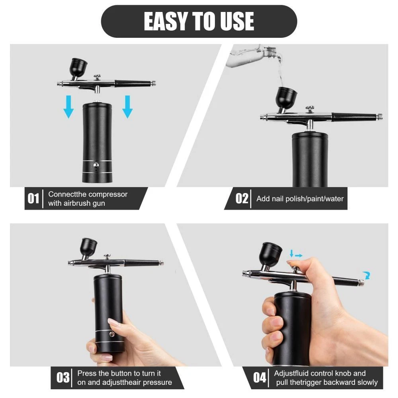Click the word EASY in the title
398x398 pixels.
166,21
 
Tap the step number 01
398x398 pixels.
33,199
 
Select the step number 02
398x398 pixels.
242,199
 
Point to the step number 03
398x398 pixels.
63,377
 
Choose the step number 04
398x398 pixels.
259,377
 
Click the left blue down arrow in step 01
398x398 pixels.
68,107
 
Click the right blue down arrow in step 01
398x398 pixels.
127,107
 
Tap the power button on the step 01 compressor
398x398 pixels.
96,166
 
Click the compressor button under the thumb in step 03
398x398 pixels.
111,334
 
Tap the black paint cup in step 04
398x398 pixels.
270,254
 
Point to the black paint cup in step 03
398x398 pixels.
89,248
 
